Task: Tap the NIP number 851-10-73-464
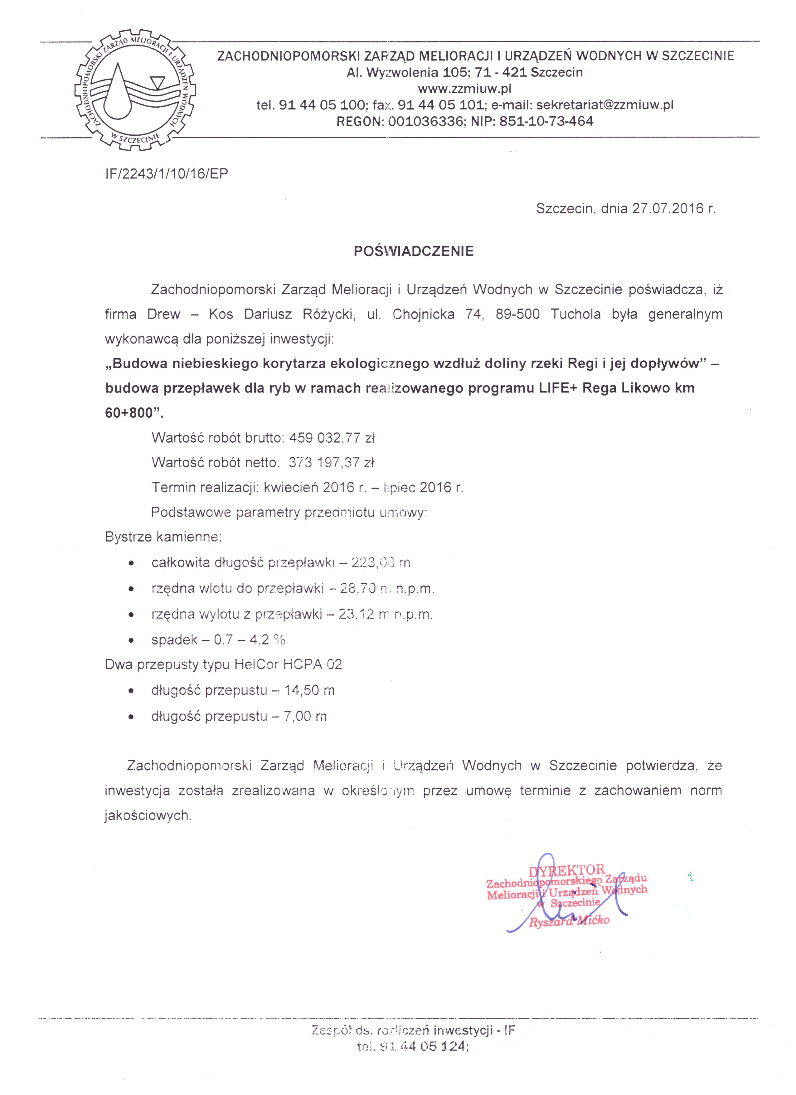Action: coord(546,121)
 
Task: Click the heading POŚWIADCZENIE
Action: coord(414,251)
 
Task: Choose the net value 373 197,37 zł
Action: coord(332,463)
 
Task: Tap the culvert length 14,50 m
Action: coord(309,690)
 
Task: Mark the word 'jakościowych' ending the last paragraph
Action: coord(148,816)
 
